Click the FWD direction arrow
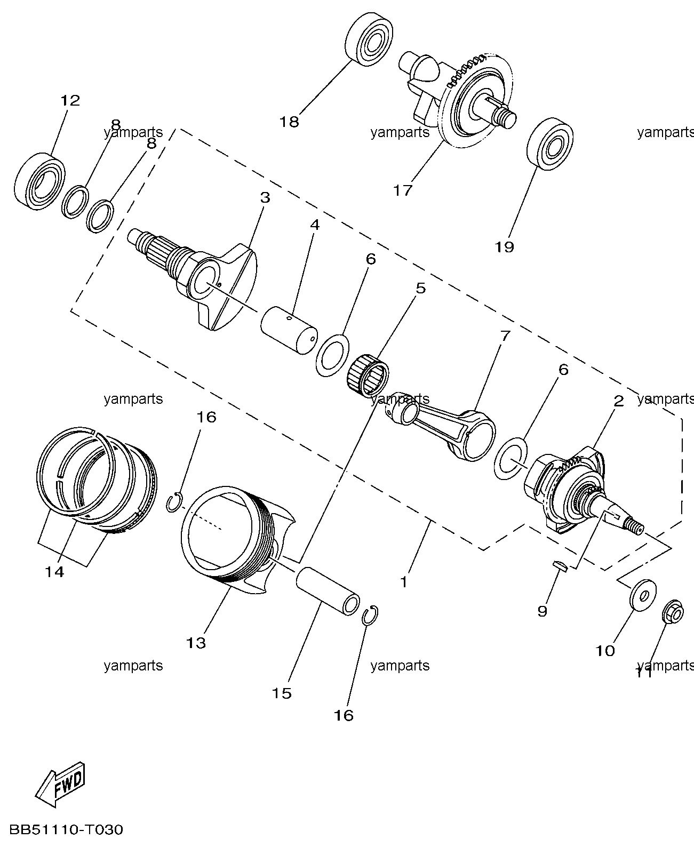coord(61,784)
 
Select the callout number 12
coord(70,100)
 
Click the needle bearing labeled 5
coord(368,375)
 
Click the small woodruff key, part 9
coord(560,566)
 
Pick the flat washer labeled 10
coord(643,596)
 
